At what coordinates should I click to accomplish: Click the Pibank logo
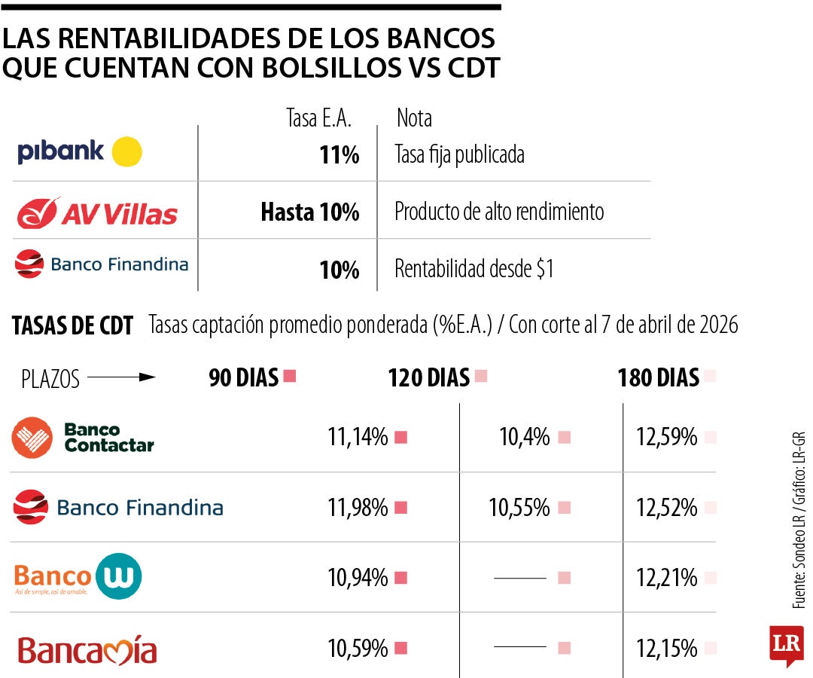tap(79, 152)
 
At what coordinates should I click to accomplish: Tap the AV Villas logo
tap(97, 213)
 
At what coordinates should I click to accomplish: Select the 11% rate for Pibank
tap(339, 155)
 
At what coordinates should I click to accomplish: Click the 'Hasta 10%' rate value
tap(310, 213)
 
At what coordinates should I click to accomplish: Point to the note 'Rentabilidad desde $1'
tap(474, 269)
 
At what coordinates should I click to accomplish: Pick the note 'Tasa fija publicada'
tap(459, 155)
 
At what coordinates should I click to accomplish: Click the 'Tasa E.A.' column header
tap(319, 118)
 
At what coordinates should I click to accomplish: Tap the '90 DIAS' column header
tap(244, 377)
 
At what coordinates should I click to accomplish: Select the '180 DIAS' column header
tap(658, 377)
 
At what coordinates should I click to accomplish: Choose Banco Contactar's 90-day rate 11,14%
tap(358, 437)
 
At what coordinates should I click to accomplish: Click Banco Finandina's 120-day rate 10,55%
tap(519, 508)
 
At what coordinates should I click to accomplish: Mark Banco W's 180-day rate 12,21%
tap(666, 579)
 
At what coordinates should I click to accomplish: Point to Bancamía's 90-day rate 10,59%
tap(358, 648)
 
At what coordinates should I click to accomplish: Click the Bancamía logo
tap(87, 650)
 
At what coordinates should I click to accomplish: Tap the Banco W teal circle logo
tap(119, 577)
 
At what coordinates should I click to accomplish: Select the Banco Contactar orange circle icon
tap(32, 438)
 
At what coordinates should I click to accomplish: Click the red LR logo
tap(786, 643)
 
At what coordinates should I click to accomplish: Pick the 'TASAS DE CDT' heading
tap(73, 326)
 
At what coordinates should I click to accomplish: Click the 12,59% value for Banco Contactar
tap(666, 437)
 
